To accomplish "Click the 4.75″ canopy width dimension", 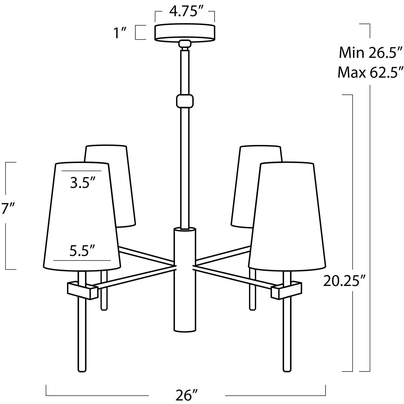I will tap(184, 12).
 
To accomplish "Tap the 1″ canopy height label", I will tap(120, 33).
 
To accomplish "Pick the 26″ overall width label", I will tap(187, 395).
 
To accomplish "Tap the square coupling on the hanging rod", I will tap(185, 101).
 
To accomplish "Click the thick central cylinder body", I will tap(185, 279).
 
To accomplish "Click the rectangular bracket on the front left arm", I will tap(82, 290).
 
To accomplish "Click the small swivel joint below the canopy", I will tap(185, 44).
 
